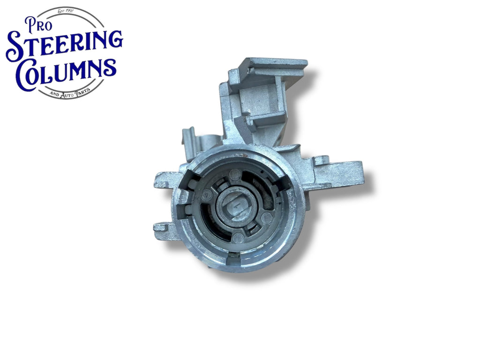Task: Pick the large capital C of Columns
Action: pyautogui.click(x=25, y=76)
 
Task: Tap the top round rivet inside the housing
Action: pyautogui.click(x=236, y=175)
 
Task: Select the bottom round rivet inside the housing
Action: pyautogui.click(x=238, y=238)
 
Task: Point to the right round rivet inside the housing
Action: pyautogui.click(x=267, y=218)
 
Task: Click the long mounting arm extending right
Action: pyautogui.click(x=337, y=174)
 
